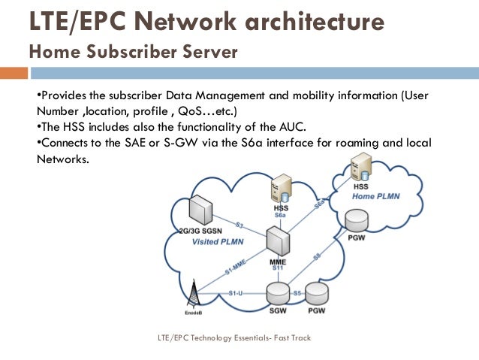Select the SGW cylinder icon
click(x=279, y=294)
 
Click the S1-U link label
click(x=235, y=292)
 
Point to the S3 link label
click(x=239, y=224)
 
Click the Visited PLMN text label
click(x=218, y=242)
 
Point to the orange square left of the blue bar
click(x=13, y=74)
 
